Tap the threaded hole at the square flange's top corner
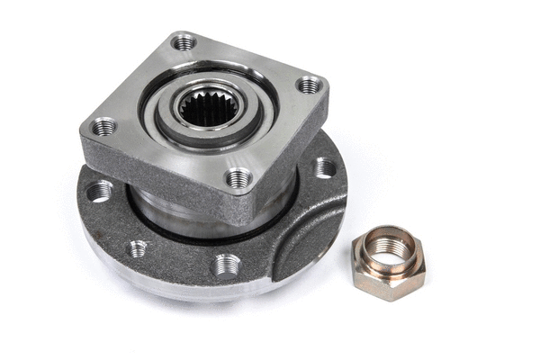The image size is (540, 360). (x=184, y=41)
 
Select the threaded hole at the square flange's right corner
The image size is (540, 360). (x=309, y=85)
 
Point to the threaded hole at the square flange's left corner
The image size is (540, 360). (x=103, y=126)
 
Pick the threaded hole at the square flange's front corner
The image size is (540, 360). (x=238, y=178)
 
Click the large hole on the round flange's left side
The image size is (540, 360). (x=99, y=191)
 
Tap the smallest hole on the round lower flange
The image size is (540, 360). (x=137, y=248)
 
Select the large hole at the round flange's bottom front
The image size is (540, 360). (x=226, y=265)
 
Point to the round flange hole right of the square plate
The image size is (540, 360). (x=324, y=167)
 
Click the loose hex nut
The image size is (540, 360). (x=389, y=262)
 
